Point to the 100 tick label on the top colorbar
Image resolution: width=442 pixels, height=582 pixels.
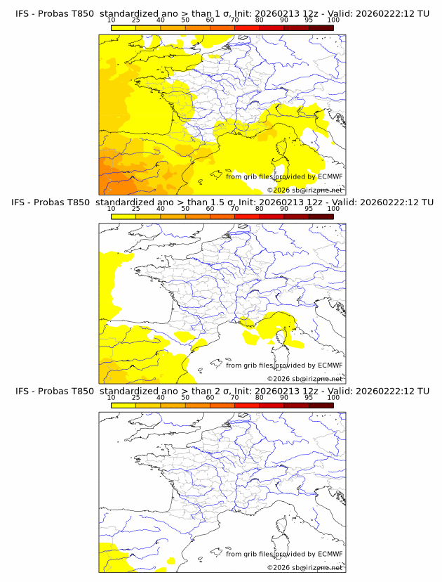tap(333, 20)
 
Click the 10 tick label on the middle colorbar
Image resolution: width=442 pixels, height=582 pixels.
tap(111, 209)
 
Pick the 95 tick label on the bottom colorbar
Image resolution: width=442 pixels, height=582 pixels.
tap(309, 398)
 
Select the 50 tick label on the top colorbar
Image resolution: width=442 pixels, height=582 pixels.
tap(185, 20)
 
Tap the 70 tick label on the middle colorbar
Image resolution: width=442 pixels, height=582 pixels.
tap(234, 209)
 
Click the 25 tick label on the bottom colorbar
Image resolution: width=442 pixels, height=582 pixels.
tap(135, 398)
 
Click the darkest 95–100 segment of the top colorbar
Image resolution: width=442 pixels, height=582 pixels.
tap(321, 27)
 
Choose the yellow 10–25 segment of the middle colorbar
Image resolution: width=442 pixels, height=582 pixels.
tap(123, 216)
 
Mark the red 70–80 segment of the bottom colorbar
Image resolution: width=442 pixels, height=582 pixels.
tap(246, 406)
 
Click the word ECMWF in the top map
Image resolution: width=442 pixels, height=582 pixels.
tap(330, 176)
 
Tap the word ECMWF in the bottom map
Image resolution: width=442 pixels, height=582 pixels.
tap(330, 555)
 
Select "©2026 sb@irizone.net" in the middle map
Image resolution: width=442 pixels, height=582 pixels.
tap(304, 379)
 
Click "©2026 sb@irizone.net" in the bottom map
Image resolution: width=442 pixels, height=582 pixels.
tap(304, 567)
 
